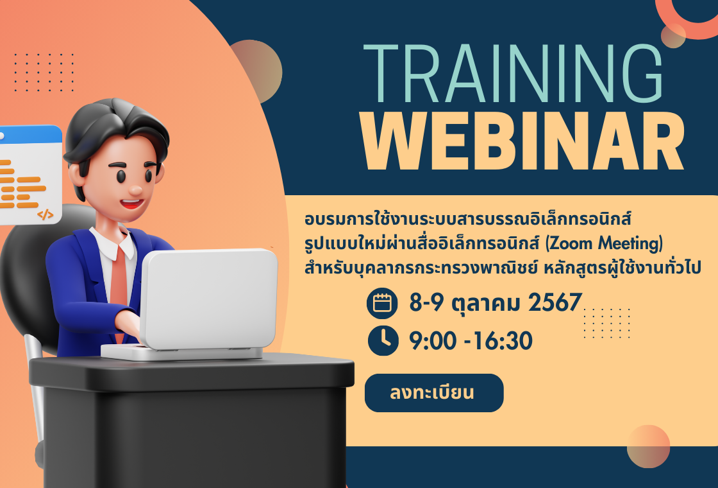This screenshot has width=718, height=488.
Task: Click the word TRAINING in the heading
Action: (x=513, y=73)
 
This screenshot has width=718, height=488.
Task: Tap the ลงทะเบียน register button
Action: (x=433, y=393)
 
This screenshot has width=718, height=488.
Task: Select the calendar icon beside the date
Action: (x=382, y=303)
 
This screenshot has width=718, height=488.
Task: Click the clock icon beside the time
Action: (x=383, y=340)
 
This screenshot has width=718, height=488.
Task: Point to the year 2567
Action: (x=555, y=302)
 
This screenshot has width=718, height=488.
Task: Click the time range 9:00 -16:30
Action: (x=471, y=341)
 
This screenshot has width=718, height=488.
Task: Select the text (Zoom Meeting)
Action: (x=604, y=243)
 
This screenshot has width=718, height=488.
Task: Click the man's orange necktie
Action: (x=119, y=284)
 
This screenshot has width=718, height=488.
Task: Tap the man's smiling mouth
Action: (x=132, y=203)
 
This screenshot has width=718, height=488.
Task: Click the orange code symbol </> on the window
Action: (x=46, y=214)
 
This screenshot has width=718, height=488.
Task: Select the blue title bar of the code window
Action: (x=30, y=134)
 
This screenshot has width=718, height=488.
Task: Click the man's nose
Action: (x=136, y=189)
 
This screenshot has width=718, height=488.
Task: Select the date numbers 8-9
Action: (x=426, y=302)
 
